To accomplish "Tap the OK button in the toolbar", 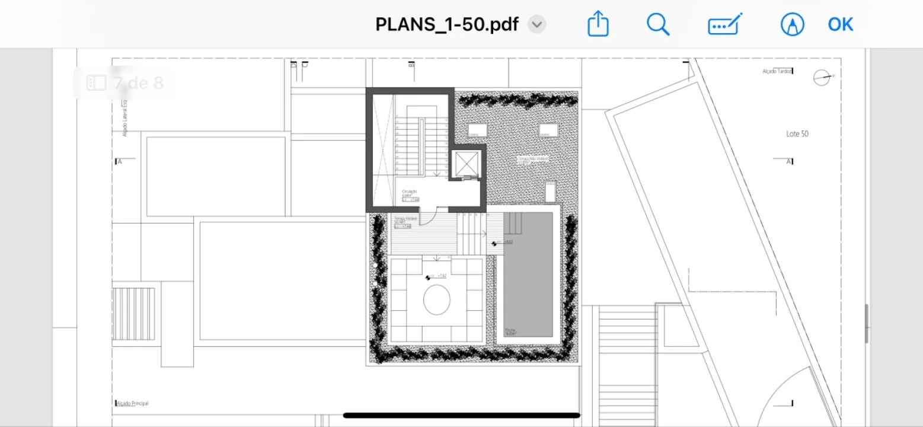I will click(x=840, y=24).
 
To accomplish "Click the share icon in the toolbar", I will click(x=598, y=24).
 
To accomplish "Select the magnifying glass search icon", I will click(x=657, y=24).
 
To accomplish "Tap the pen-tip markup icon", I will click(x=793, y=24).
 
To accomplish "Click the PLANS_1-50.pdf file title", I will click(x=447, y=24).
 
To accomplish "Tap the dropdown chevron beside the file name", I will click(x=536, y=24).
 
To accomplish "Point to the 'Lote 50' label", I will click(x=797, y=134).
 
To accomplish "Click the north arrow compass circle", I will click(x=822, y=77).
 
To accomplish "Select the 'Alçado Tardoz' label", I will click(x=777, y=71).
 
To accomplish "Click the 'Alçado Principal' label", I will click(x=132, y=403).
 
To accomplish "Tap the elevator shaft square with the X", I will click(x=465, y=164).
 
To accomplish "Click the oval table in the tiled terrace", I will click(x=437, y=300).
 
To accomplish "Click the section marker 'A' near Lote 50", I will click(x=789, y=161).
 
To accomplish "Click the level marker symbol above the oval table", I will click(x=429, y=277).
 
